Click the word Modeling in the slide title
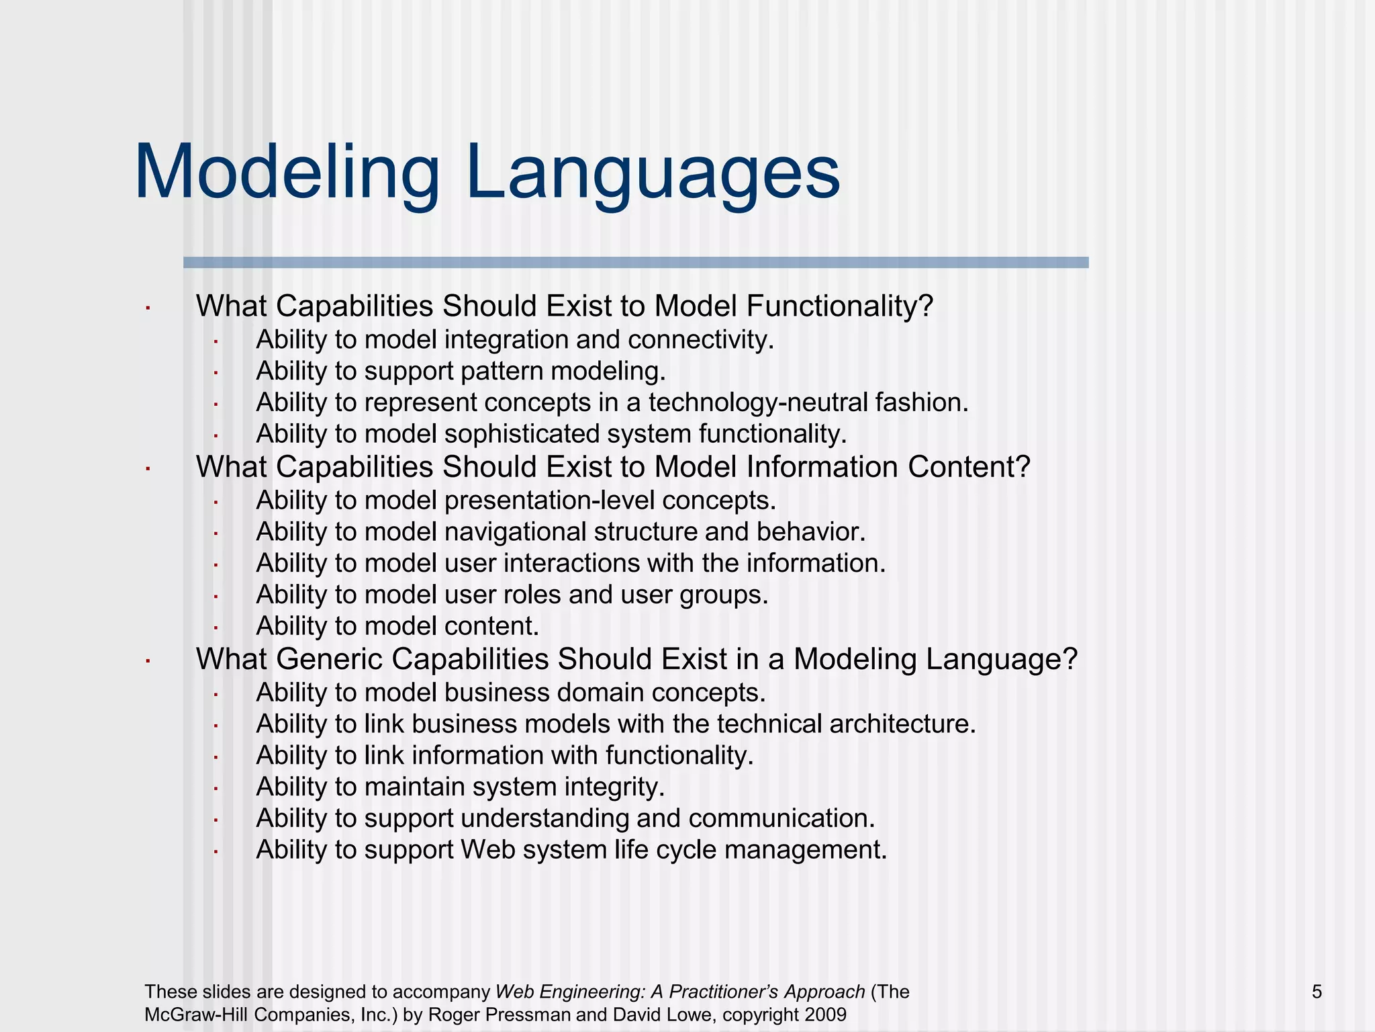(x=287, y=172)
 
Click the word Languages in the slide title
(x=652, y=172)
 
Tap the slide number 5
(x=1317, y=992)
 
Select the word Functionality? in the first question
(x=839, y=306)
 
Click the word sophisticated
(x=522, y=434)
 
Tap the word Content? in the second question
(x=969, y=467)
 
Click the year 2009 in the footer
(x=825, y=1015)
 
